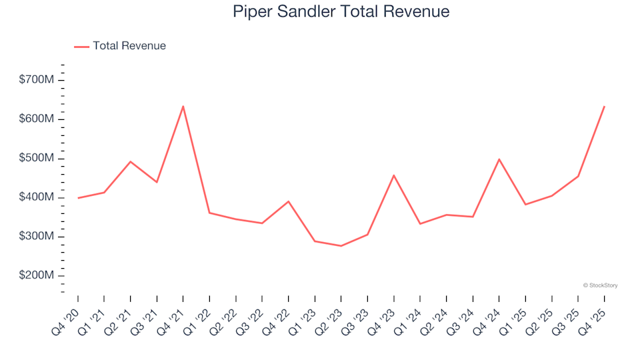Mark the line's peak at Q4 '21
pos(183,106)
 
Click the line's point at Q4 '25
pos(604,106)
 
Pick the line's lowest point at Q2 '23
pos(341,246)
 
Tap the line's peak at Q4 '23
pos(393,175)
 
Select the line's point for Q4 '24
pos(499,159)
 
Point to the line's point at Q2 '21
pos(130,161)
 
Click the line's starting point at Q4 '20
pos(78,198)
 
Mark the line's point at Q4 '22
pos(288,201)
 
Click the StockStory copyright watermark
pos(600,285)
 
